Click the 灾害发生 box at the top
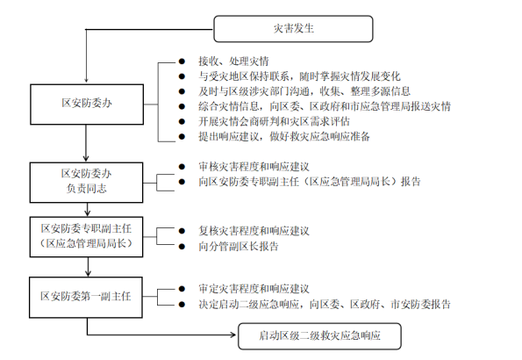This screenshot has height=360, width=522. point(293,29)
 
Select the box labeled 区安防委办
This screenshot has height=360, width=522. point(87,104)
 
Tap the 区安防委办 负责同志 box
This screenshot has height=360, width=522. point(86,183)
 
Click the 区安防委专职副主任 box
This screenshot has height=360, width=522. point(86,237)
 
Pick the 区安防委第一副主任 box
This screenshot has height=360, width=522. point(86,297)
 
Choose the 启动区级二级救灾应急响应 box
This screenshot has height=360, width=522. point(319,336)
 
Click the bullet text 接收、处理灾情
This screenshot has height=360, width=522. point(233,61)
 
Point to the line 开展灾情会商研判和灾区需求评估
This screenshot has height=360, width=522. point(274,121)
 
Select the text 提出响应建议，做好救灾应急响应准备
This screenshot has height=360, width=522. point(284,136)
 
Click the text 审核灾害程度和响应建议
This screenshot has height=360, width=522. point(254,166)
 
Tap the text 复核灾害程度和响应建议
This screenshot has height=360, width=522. point(254,231)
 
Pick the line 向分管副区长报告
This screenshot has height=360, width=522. point(239,247)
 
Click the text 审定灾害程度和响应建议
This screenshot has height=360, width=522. point(254,289)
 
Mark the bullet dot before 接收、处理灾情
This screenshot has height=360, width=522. point(182,61)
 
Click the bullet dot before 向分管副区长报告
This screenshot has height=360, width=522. point(182,247)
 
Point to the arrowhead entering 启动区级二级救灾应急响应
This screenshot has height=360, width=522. point(233,335)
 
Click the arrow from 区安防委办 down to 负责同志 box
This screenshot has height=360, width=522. point(86,143)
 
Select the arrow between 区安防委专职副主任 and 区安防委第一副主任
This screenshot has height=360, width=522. point(88,267)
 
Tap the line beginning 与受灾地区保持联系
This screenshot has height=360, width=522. point(299,76)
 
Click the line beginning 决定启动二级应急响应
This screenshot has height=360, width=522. point(325,304)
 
